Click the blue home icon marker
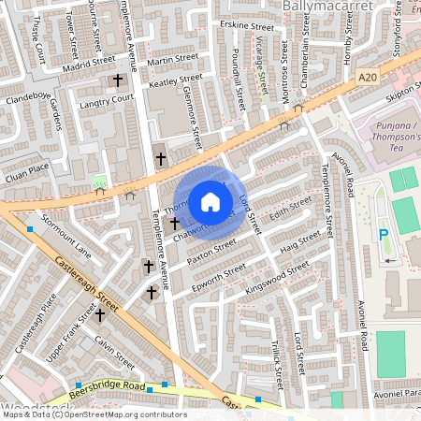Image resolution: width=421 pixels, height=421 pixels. click(x=210, y=201)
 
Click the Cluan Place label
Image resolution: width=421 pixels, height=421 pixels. click(x=25, y=168)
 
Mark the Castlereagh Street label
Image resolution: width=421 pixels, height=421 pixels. click(x=83, y=284)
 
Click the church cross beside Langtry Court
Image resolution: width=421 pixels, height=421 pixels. click(x=117, y=81)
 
